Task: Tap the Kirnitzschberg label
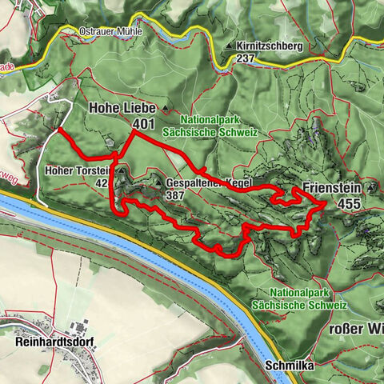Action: (270, 46)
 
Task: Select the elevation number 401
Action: (144, 123)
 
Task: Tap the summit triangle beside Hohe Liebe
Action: (165, 107)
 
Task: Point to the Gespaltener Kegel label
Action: (210, 182)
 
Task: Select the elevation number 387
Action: (176, 194)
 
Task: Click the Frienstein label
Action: (332, 190)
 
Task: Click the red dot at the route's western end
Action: (60, 129)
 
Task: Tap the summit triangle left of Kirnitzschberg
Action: (230, 47)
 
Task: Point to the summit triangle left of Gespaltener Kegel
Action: (159, 182)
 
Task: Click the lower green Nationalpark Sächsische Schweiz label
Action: (298, 298)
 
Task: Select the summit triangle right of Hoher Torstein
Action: (119, 170)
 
